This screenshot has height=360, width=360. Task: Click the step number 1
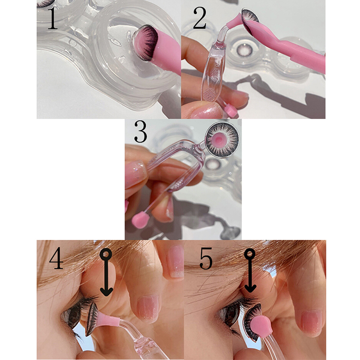53,18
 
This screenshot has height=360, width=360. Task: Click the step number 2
199,18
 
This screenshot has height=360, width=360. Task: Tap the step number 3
140,131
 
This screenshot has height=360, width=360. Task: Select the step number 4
56,258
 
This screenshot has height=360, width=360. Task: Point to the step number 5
206,258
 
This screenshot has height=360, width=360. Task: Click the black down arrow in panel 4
106,272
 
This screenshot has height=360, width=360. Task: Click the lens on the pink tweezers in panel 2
250,21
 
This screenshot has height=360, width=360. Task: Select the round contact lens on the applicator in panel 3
222,140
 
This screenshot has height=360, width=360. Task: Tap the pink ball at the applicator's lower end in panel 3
140,220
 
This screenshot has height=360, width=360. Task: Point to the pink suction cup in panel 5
261,326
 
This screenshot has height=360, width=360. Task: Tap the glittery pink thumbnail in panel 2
205,111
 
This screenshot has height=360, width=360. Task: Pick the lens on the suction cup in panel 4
92,319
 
